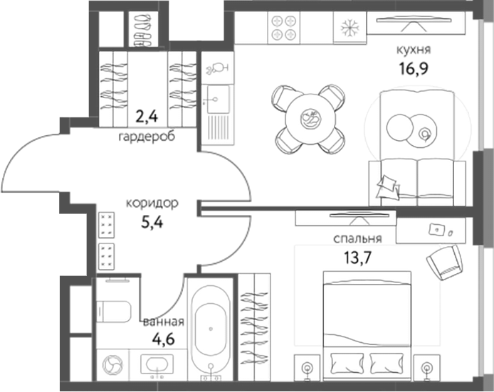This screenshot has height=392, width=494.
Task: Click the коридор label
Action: (152, 203)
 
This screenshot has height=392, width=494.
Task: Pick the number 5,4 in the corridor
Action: (152, 221)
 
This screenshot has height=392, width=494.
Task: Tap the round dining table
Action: (310, 118)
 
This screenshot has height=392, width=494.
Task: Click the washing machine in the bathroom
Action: (112, 364)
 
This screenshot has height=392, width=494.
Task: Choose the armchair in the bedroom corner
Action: (445, 263)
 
